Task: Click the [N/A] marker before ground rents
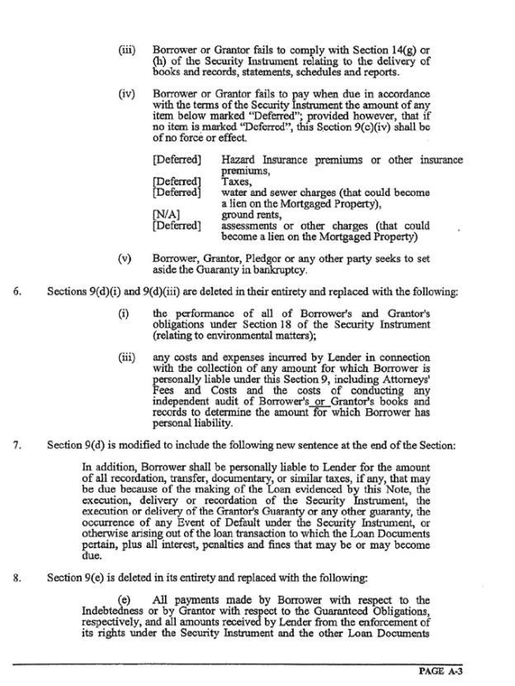pyautogui.click(x=167, y=213)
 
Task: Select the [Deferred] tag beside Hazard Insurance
pyautogui.click(x=177, y=160)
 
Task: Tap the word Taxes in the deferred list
pyautogui.click(x=235, y=181)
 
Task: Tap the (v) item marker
pyautogui.click(x=126, y=259)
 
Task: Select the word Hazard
pyautogui.click(x=241, y=160)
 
